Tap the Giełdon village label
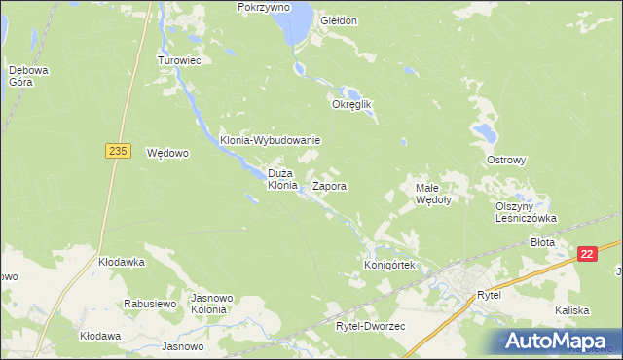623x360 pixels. click(x=338, y=20)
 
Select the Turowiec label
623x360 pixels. click(x=179, y=60)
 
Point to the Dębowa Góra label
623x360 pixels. click(x=20, y=76)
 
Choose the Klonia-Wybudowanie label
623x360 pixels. click(x=270, y=140)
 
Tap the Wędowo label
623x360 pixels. click(x=166, y=153)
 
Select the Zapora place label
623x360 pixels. click(x=330, y=185)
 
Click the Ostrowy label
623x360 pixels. click(x=506, y=160)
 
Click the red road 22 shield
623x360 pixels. click(x=586, y=254)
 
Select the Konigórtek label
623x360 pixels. click(x=389, y=265)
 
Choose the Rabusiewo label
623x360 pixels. click(x=149, y=304)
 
